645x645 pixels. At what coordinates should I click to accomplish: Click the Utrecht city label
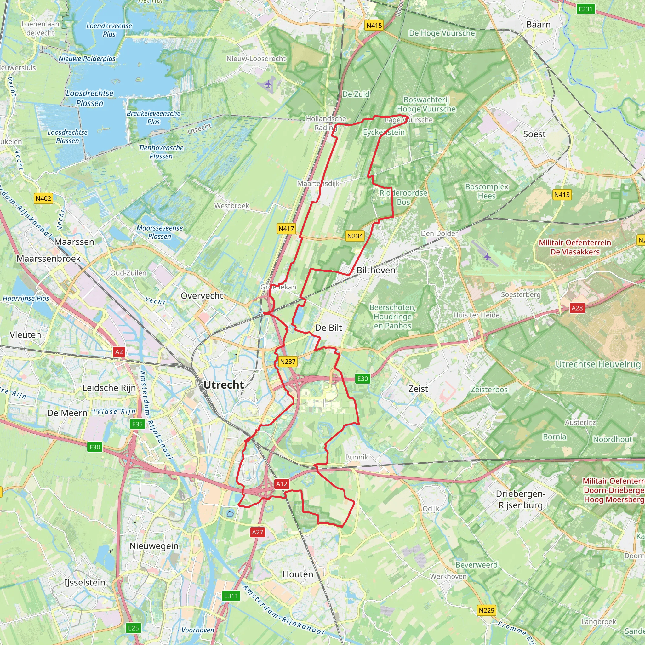223,385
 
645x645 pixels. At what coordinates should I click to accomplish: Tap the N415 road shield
374,26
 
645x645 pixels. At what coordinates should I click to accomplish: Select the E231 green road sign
585,9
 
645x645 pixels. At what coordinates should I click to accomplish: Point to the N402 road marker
43,199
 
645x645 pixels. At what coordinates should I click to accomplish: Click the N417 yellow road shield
286,229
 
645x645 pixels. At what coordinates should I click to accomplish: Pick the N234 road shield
355,236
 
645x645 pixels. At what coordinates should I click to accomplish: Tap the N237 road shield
288,362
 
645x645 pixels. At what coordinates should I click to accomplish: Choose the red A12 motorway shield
282,484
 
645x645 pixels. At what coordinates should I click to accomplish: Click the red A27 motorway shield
257,532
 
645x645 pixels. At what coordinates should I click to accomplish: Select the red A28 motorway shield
577,308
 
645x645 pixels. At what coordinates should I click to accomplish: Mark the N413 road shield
562,195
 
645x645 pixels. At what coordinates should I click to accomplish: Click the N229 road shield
486,610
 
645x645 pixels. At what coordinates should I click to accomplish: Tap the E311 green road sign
231,596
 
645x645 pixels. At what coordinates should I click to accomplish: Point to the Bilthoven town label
376,270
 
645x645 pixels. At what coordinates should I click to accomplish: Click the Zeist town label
418,389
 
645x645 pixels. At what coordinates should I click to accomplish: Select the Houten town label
298,574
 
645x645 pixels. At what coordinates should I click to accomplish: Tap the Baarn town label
538,25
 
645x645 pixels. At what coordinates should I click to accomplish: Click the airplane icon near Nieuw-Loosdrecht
268,84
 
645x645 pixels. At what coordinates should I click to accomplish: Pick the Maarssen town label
74,242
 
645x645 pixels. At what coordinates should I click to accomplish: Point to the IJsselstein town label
85,583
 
